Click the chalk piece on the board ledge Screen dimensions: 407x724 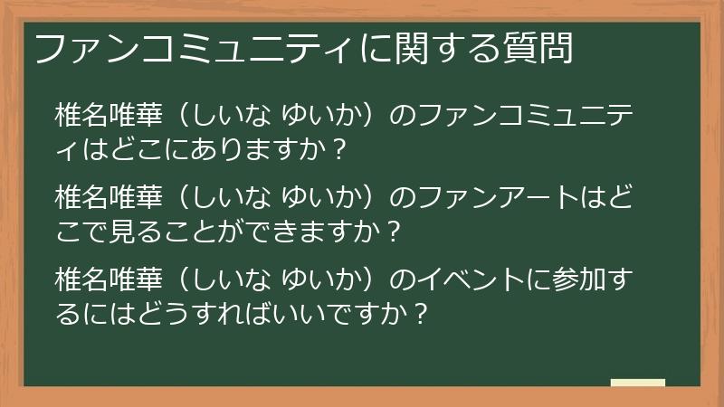637,383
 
